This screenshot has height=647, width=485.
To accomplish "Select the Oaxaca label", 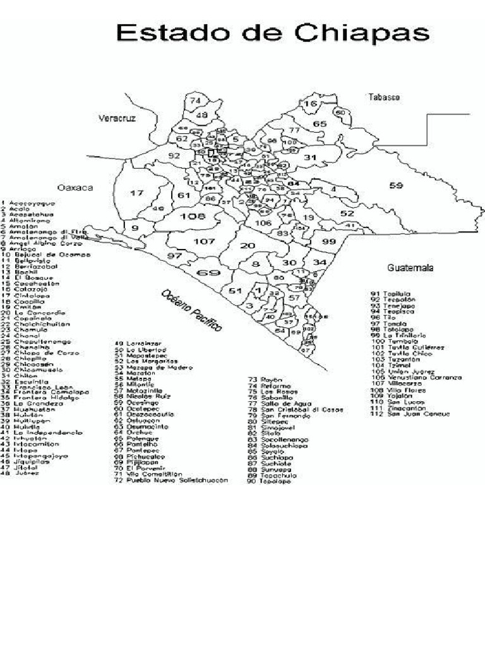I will pyautogui.click(x=75, y=188).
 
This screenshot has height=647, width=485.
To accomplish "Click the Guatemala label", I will pyautogui.click(x=410, y=268).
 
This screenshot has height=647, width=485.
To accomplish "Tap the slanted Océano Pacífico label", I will pyautogui.click(x=191, y=311).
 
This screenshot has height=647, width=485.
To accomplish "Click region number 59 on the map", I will pyautogui.click(x=396, y=185).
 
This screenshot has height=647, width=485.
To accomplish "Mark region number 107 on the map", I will pyautogui.click(x=204, y=241).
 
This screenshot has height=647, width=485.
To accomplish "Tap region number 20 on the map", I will pyautogui.click(x=248, y=246).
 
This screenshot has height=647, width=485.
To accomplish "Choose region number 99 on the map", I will pyautogui.click(x=328, y=242).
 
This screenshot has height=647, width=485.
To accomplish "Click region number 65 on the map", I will pyautogui.click(x=320, y=124).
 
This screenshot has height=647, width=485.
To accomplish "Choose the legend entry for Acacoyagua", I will pyautogui.click(x=28, y=203).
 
